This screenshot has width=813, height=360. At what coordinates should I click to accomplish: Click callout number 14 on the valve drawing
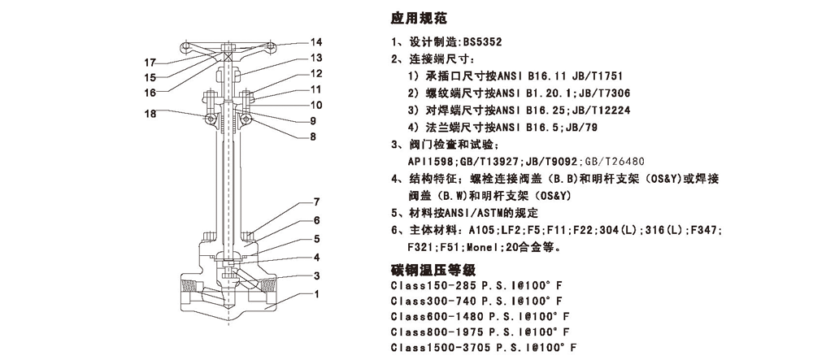tap(316, 41)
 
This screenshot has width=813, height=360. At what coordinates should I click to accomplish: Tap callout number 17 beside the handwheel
tap(150, 62)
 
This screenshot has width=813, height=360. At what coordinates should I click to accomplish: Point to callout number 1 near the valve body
tap(316, 294)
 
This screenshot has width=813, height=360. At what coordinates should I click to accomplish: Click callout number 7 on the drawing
tap(316, 202)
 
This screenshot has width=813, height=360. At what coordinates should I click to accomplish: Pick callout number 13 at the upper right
tap(316, 58)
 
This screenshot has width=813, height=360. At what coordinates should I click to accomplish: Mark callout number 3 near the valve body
tap(316, 275)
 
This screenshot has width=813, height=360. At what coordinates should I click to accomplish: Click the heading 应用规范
tap(419, 16)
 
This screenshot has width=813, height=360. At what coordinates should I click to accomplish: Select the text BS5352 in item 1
tap(485, 42)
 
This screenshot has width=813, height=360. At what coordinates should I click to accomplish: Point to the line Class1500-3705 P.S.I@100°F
tap(484, 347)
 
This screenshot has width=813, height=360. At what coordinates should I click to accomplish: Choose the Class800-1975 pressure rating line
tap(480, 332)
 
